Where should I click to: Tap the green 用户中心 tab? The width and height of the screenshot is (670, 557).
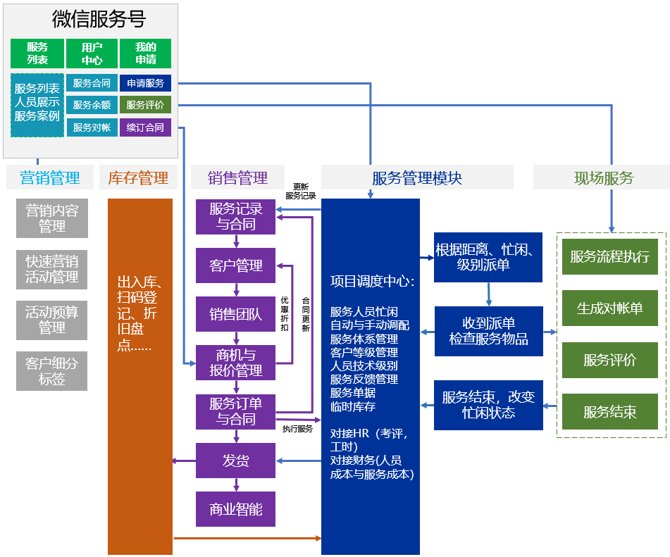(92, 54)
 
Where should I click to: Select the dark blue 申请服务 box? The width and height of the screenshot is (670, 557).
(145, 83)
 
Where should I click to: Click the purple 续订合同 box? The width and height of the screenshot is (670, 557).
(145, 127)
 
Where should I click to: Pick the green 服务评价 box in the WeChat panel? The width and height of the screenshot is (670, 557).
(145, 105)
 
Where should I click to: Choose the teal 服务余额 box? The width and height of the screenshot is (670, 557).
(92, 105)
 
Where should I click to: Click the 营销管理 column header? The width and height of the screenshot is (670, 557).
(50, 177)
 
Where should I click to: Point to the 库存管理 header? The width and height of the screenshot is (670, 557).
(138, 177)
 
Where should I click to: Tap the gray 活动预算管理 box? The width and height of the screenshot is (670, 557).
(51, 319)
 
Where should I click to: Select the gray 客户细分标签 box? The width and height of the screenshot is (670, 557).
(51, 371)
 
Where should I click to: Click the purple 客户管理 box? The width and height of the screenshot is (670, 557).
(236, 265)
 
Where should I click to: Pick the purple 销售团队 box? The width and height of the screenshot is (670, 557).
(236, 314)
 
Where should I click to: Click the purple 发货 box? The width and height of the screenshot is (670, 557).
(236, 461)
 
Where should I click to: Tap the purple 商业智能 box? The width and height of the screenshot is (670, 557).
(236, 509)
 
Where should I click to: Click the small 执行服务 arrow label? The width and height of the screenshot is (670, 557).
(297, 429)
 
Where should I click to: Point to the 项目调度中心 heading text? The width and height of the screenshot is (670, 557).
(372, 282)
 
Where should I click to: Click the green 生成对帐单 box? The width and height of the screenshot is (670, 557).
(609, 308)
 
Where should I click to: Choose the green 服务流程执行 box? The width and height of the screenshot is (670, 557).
(609, 256)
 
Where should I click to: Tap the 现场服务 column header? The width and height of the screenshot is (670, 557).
(603, 177)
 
